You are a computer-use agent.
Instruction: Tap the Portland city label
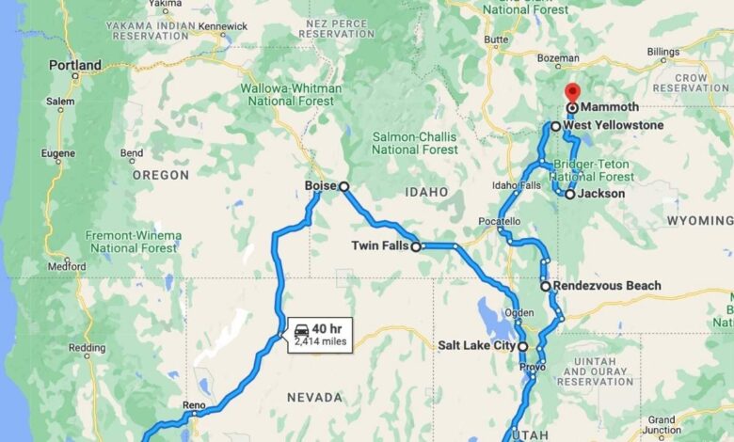tap(75, 66)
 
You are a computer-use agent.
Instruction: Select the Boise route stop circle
tap(343, 187)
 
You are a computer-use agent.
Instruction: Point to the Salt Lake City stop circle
tap(523, 346)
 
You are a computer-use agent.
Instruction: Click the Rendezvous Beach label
tap(607, 285)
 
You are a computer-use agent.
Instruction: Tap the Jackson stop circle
tap(569, 194)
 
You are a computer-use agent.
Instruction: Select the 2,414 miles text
tap(322, 342)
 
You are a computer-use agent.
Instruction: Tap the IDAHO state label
tap(426, 192)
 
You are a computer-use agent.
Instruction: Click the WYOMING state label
tap(699, 219)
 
